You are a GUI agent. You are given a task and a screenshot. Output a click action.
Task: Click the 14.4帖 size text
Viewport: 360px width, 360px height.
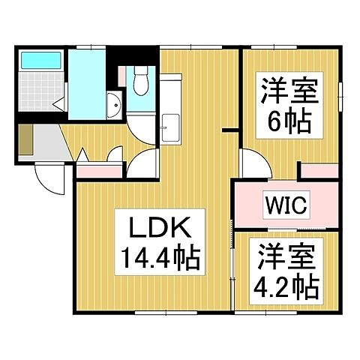[155, 259]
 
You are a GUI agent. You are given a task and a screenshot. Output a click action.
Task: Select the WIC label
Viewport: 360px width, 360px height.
[285, 205]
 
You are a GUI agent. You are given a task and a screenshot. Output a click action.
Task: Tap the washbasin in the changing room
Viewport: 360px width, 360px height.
[112, 104]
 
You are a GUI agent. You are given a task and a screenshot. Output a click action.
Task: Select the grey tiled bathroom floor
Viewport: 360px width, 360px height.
[37, 94]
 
